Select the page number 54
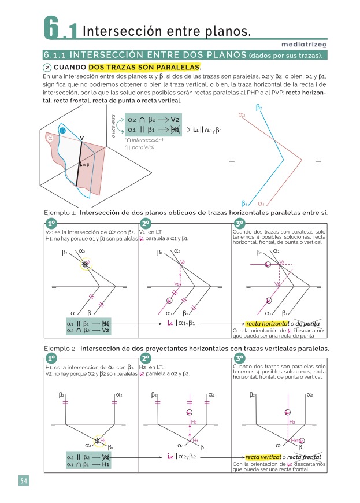coord(23,481)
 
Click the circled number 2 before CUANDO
coord(47,68)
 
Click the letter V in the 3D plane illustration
coord(81,138)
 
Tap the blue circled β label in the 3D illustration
coord(63,131)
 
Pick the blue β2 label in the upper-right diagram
coord(258,108)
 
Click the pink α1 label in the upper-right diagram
coord(261,203)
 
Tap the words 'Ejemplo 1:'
coord(61,213)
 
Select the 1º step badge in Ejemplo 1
coord(51,224)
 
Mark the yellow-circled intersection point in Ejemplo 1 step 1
coord(86,264)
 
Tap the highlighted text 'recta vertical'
coord(263,457)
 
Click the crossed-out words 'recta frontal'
coord(304,457)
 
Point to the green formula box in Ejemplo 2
coord(88,460)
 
